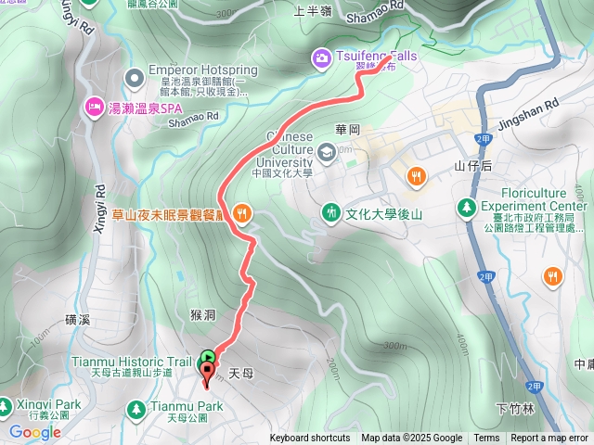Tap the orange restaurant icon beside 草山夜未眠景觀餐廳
pos(242,212)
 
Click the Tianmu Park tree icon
pos(136,407)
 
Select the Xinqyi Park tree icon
pos(6,406)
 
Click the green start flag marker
pos(208,356)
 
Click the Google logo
pos(34,431)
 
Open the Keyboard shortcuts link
pos(310,439)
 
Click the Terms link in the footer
pos(486,439)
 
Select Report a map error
pos(549,439)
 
